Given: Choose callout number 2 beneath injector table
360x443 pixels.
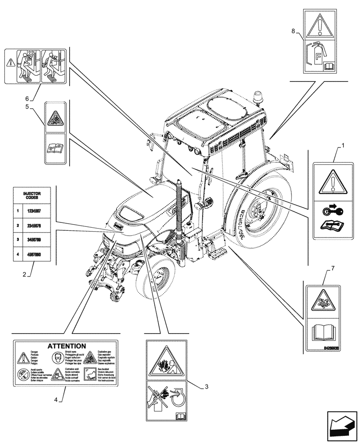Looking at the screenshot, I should (x=24, y=275).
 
